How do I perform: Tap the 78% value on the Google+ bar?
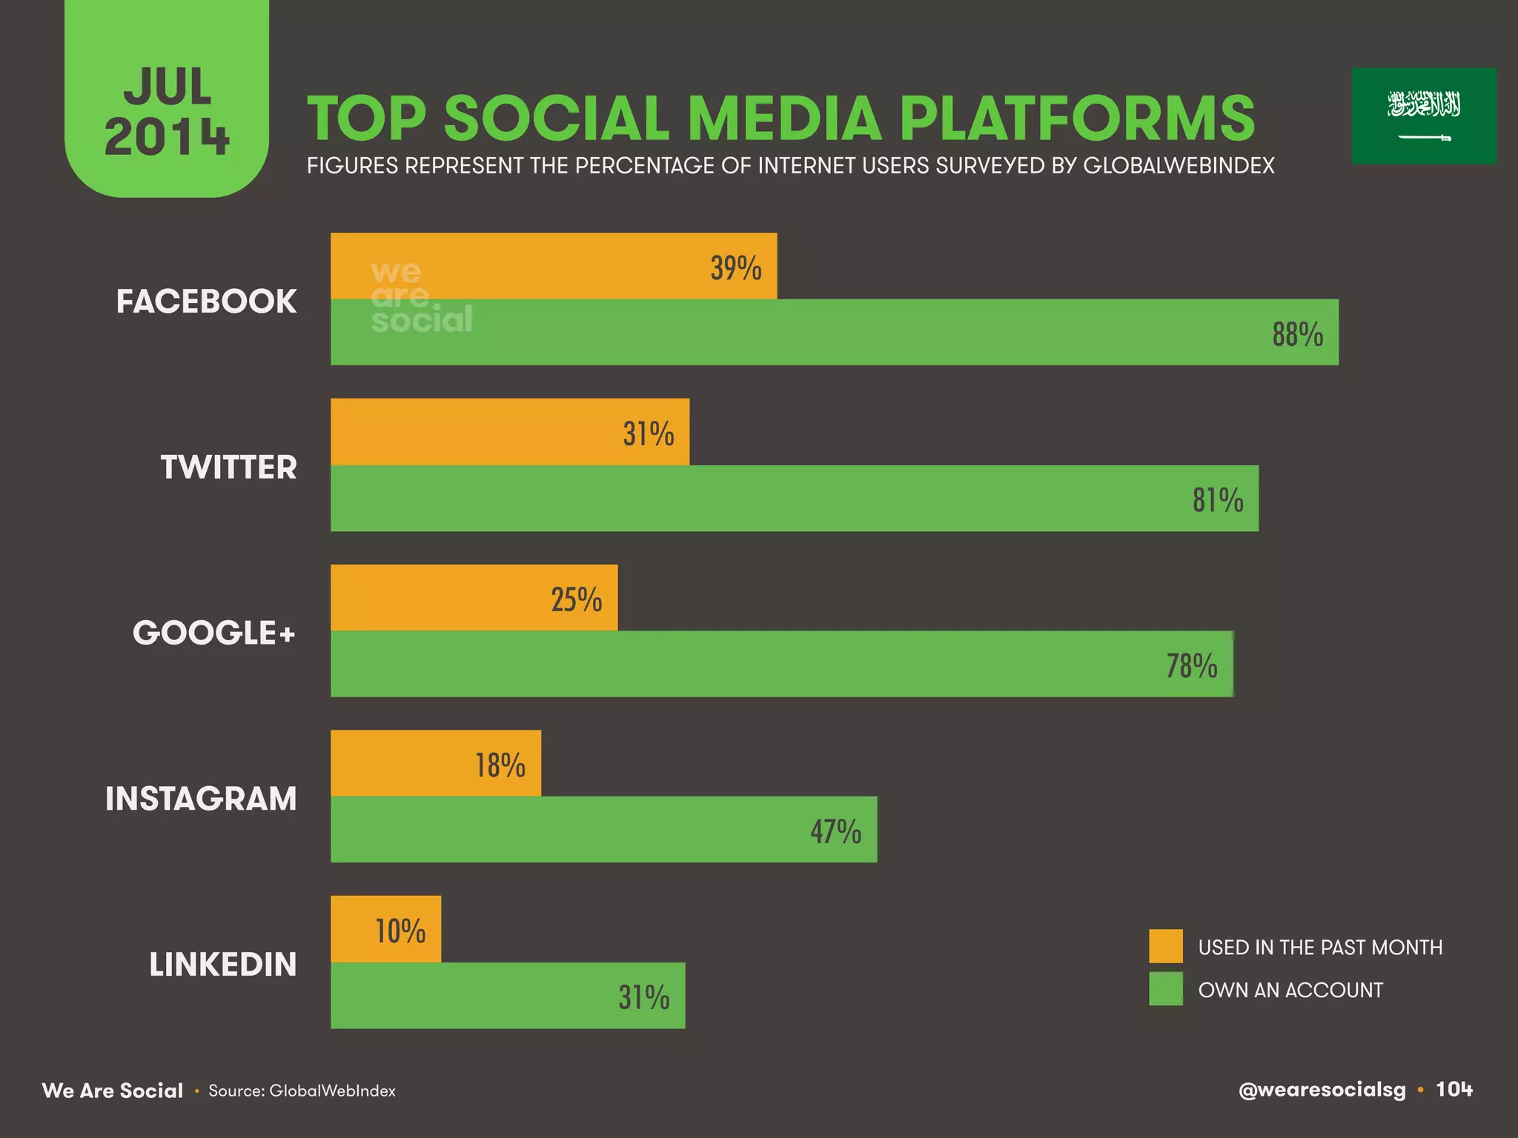[1192, 665]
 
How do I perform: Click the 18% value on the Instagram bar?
[500, 765]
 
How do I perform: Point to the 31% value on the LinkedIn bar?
[644, 997]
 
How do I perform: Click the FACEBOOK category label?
[206, 302]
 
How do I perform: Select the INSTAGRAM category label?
[201, 799]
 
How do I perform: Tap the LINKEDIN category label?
[222, 965]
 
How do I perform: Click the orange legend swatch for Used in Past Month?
[1166, 946]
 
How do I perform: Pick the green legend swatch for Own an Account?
[1166, 989]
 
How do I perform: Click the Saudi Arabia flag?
[1424, 116]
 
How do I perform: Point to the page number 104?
[1454, 1089]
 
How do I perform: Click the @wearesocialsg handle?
[1322, 1090]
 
